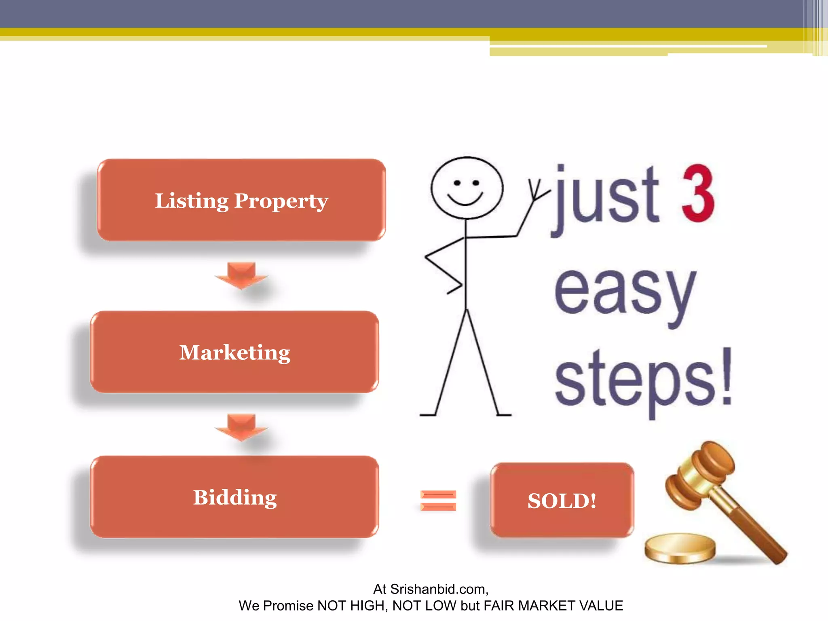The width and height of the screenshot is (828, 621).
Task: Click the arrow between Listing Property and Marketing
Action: [241, 275]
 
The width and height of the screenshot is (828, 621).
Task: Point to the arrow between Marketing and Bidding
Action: [241, 427]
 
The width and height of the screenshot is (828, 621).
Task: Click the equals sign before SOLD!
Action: [438, 501]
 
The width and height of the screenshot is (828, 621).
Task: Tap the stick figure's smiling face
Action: [467, 188]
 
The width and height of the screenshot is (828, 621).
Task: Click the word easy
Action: [625, 293]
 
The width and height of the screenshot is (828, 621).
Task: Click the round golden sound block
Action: [680, 548]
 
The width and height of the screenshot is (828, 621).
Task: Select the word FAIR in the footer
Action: [499, 606]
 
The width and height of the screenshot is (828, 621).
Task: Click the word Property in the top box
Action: [281, 201]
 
